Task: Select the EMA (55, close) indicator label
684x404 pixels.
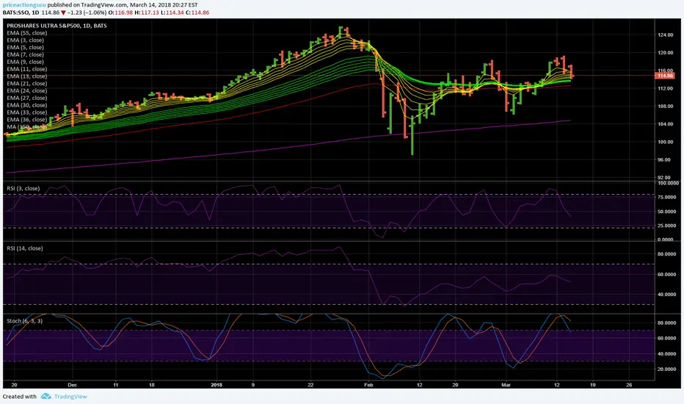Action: (26, 33)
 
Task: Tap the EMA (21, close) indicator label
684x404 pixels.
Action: (26, 84)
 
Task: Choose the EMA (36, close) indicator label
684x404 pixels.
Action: (26, 120)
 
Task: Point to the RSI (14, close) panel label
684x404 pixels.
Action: (25, 248)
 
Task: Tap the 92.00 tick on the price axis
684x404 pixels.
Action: (664, 177)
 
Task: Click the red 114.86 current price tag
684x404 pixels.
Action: (665, 76)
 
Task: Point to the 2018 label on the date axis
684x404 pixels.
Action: (217, 383)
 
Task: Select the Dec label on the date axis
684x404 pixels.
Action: (71, 383)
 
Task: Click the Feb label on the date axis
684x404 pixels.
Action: (369, 383)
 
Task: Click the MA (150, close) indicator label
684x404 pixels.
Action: (26, 127)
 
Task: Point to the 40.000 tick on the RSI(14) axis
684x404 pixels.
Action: (666, 295)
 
